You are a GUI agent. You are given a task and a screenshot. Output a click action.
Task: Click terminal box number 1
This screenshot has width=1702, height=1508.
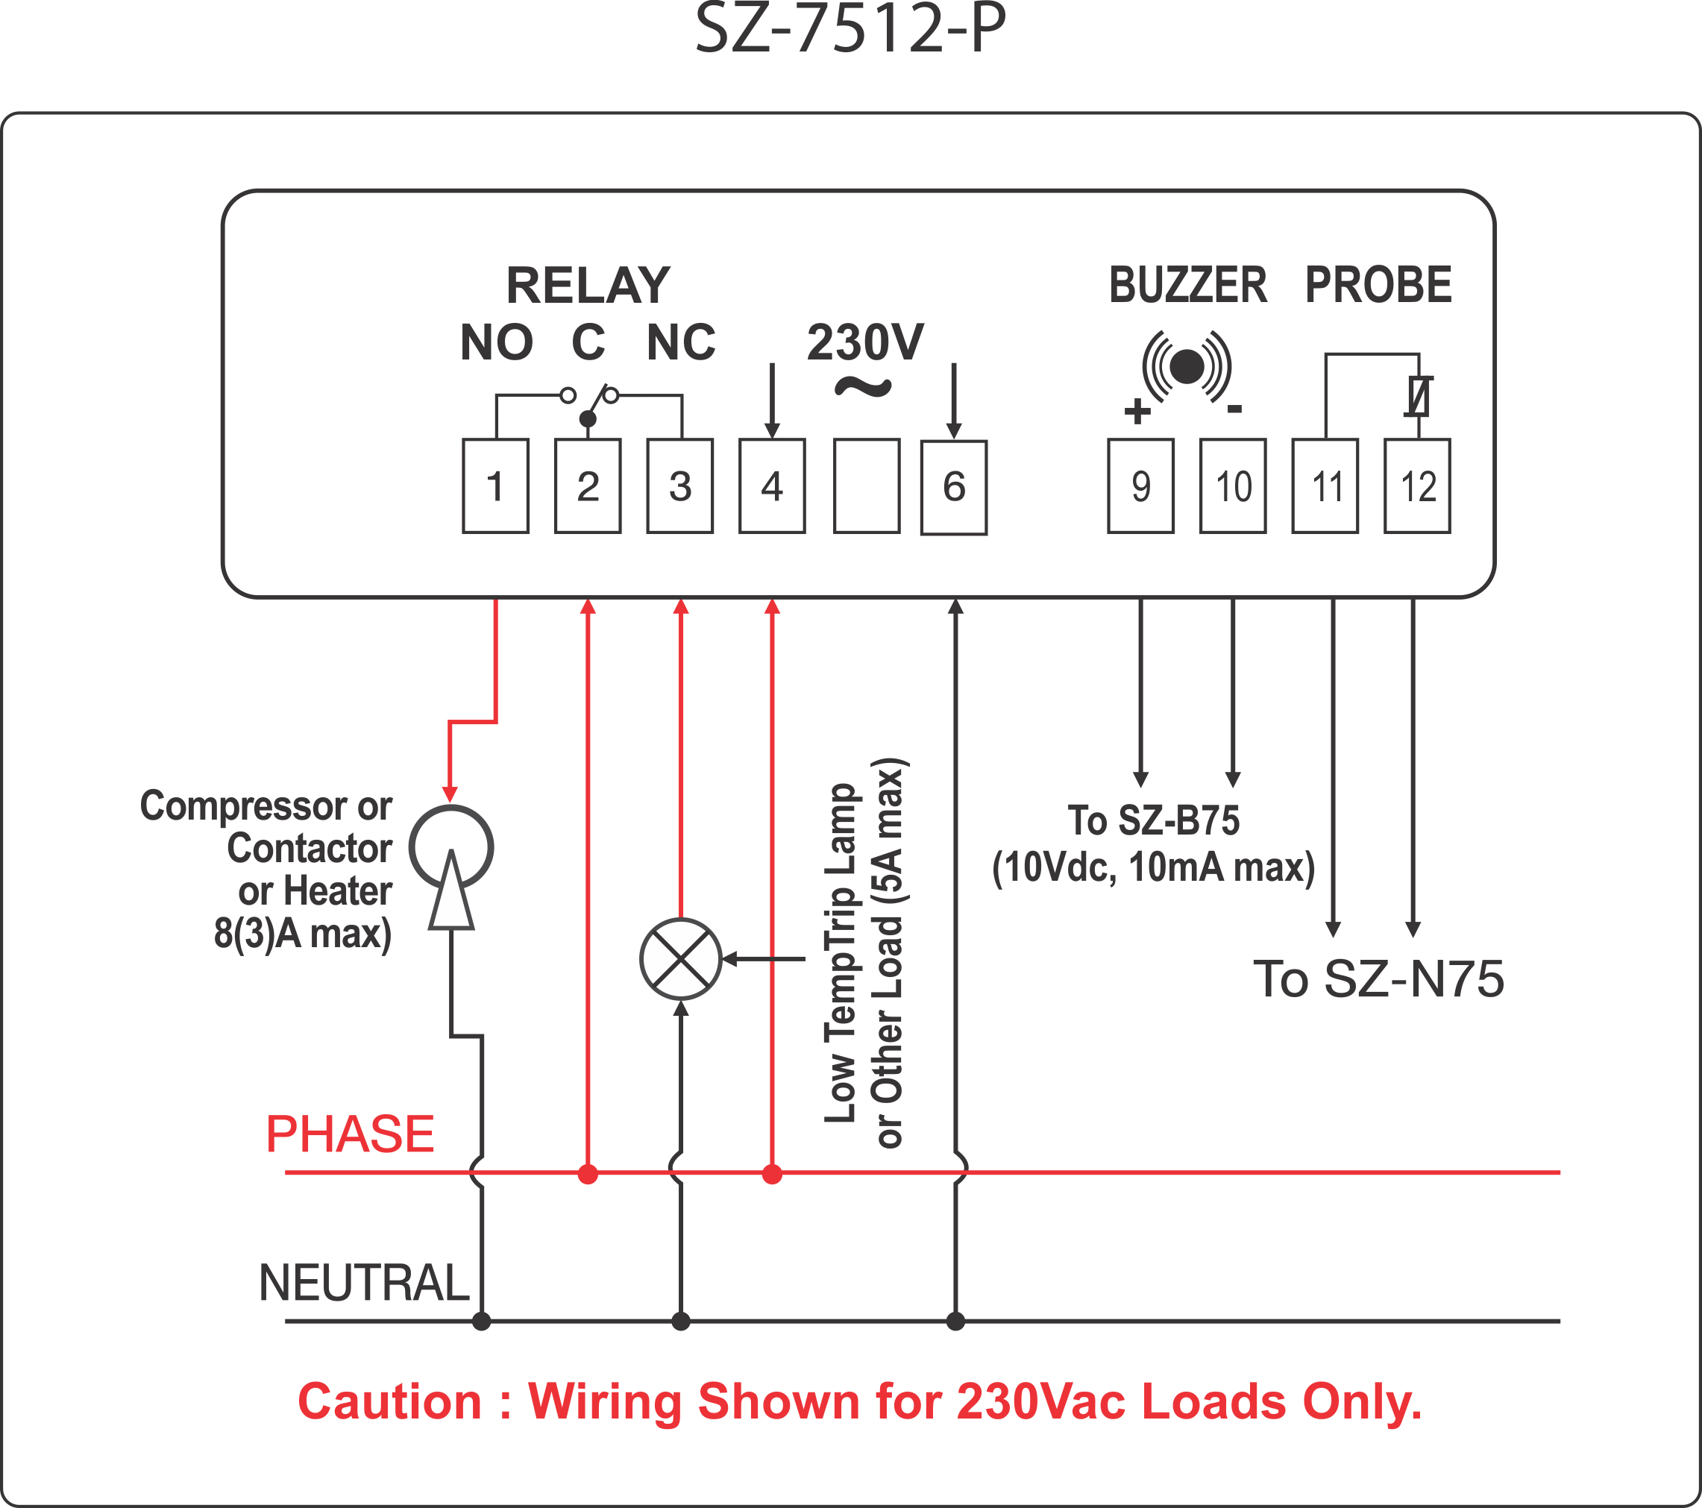495,486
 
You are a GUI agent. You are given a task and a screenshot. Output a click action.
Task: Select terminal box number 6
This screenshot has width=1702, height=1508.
953,488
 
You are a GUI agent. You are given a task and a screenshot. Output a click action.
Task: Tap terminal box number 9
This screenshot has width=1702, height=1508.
1141,486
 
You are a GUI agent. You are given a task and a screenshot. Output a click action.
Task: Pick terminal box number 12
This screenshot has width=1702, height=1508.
1417,486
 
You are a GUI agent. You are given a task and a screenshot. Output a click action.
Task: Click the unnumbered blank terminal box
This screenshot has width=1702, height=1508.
867,486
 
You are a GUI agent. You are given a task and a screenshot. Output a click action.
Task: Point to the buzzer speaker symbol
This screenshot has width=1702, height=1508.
1187,366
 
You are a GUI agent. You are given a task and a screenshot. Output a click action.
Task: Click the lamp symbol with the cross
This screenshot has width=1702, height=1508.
680,959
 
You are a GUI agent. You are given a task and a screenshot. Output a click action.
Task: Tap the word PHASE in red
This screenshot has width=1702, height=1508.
350,1134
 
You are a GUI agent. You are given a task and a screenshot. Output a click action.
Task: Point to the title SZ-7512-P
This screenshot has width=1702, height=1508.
851,28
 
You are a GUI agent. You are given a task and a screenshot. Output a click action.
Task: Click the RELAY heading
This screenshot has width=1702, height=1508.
588,286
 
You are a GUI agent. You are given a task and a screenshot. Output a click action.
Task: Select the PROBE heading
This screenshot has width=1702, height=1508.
1378,286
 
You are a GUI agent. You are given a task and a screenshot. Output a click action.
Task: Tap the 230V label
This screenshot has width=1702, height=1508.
865,342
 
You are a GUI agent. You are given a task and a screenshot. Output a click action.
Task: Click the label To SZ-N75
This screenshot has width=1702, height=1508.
1379,978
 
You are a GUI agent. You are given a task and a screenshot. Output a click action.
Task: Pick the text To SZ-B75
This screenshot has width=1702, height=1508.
1153,820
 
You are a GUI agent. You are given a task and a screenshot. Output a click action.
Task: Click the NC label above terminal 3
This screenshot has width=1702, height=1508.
681,342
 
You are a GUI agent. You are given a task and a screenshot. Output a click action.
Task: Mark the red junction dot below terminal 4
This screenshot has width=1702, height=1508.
772,1174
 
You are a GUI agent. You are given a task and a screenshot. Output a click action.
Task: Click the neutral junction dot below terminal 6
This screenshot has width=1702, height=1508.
955,1321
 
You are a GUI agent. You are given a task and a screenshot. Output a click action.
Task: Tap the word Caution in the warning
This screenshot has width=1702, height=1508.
389,1401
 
